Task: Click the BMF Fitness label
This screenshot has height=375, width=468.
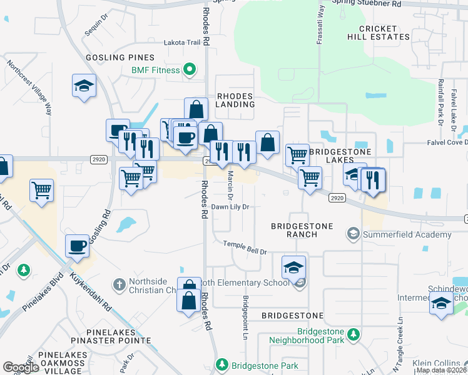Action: tap(156, 69)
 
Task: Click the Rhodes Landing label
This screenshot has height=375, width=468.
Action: tap(235, 100)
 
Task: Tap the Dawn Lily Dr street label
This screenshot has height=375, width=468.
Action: tap(230, 207)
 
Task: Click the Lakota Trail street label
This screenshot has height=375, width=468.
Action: tap(181, 42)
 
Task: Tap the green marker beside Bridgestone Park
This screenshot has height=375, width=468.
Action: tap(221, 364)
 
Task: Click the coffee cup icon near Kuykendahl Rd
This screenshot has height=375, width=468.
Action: tap(77, 246)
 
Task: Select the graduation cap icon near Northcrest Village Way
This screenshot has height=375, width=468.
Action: tap(84, 86)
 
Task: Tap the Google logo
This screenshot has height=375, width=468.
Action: tap(21, 367)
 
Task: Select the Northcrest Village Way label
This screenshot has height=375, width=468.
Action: tap(29, 88)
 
